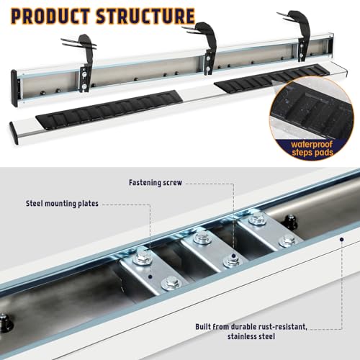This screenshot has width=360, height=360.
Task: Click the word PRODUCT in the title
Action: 50,17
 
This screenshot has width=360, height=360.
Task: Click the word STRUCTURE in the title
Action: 145,17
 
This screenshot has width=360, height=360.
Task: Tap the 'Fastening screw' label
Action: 156,183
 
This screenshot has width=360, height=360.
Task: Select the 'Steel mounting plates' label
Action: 62,204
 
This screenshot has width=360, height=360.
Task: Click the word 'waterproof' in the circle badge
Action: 312,145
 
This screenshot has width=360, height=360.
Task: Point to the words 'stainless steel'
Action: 251,336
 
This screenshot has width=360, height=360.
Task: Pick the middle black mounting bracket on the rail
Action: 205,48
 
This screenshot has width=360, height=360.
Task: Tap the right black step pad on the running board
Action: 272,78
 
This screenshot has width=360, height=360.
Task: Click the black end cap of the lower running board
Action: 14,133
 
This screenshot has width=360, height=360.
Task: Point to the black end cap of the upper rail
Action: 14,88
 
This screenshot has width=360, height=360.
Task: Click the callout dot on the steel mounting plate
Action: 150,276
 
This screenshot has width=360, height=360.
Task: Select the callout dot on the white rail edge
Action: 342,239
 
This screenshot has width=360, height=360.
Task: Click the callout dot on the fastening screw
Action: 233,256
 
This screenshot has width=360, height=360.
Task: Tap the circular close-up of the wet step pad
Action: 312,118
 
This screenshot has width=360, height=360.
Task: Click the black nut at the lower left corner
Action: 4,323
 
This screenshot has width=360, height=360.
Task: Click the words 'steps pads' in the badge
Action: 312,153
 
